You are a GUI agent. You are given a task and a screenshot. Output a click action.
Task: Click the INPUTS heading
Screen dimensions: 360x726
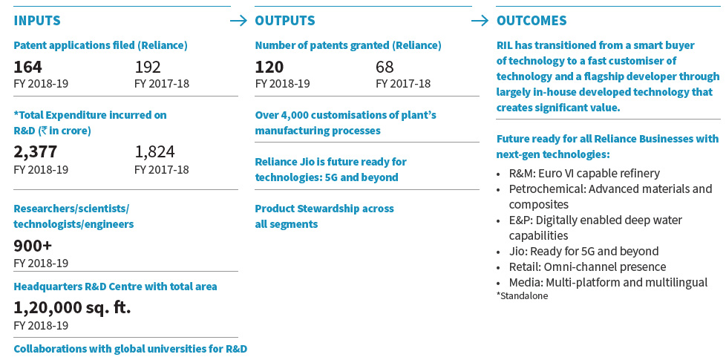coord(37,21)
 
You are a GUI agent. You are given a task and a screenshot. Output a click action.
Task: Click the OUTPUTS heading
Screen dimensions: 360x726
coord(284,21)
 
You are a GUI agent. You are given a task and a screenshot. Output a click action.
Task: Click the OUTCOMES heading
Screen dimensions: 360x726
coord(531,21)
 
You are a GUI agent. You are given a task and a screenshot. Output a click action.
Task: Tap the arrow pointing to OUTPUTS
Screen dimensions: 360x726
coord(239,21)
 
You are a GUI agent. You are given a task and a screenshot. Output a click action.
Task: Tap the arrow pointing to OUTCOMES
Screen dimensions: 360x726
coord(480,21)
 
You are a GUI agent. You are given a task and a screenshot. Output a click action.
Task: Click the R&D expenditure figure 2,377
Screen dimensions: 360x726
coord(35,152)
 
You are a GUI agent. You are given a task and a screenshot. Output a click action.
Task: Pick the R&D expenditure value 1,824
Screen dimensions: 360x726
coord(154,152)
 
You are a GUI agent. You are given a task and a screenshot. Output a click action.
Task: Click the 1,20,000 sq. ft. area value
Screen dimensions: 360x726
coord(72,307)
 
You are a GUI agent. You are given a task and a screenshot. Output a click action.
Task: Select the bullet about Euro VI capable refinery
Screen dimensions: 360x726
coord(583,173)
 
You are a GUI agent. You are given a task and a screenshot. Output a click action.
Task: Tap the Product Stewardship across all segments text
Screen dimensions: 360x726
coord(324,216)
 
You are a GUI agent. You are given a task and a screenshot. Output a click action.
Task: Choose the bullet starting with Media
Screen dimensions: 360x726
coord(607,282)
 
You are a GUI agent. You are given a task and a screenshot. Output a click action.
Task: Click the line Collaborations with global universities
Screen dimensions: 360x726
coord(130,349)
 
